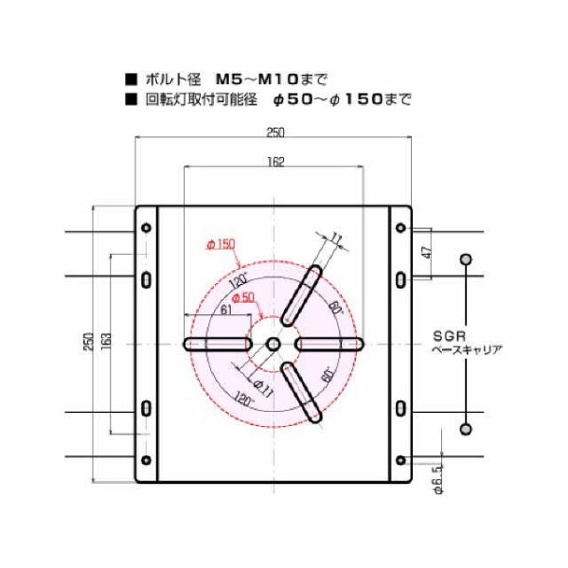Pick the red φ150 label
point(220,244)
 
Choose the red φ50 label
point(243,297)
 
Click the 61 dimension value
point(225,310)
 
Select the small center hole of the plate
point(273,344)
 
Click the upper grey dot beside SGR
point(465,258)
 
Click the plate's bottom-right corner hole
point(400,461)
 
